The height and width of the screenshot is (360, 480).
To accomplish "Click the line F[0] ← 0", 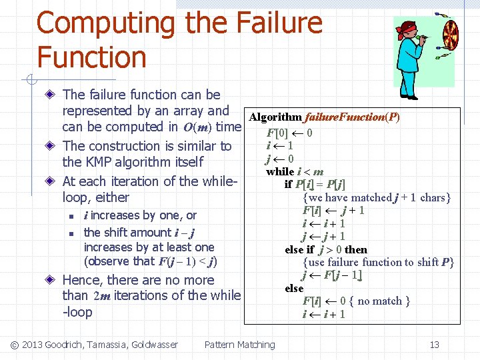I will point(289,132).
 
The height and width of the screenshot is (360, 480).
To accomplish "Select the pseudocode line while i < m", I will point(295,171).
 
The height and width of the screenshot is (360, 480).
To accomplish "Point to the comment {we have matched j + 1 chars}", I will point(377,197).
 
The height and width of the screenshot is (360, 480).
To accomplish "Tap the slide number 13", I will point(435,345).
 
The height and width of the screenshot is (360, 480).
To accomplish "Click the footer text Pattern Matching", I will point(239,345).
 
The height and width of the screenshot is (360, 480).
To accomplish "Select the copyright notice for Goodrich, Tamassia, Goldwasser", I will point(95,345).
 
